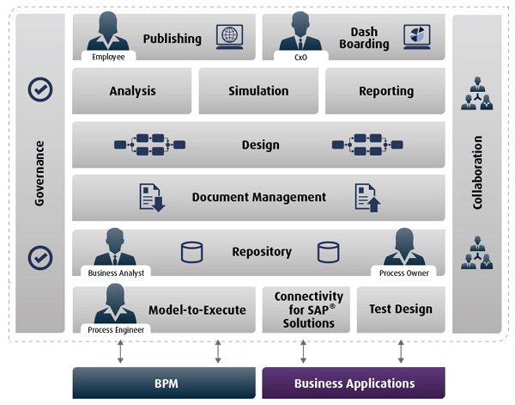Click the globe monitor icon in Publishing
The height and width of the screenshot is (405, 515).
pos(229,37)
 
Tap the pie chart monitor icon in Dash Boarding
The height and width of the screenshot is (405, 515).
pos(417,37)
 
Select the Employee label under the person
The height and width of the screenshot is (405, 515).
pos(108,57)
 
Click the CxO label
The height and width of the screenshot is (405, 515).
pos(300,58)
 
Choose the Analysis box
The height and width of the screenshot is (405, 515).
pos(131,91)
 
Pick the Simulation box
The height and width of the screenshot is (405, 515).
pos(258,91)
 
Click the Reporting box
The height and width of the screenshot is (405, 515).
pos(385,91)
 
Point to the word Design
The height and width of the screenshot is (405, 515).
pos(261,144)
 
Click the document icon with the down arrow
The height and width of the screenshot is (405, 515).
pos(152,198)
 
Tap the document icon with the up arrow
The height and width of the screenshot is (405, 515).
pos(368,198)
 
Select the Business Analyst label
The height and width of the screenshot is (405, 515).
pos(116,273)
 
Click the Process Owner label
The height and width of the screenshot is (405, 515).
pos(404,273)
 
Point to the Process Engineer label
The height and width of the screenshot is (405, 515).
pos(116,329)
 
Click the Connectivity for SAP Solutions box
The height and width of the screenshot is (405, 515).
pos(306,310)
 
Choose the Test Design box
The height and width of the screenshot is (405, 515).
pos(401,310)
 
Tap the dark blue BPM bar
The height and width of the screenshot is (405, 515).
pos(164,384)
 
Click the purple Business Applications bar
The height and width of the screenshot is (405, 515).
pos(354,384)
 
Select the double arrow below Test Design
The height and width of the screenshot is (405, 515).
pos(401,352)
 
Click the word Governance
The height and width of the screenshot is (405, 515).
pos(39,174)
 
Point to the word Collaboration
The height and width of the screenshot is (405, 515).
pos(477,172)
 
